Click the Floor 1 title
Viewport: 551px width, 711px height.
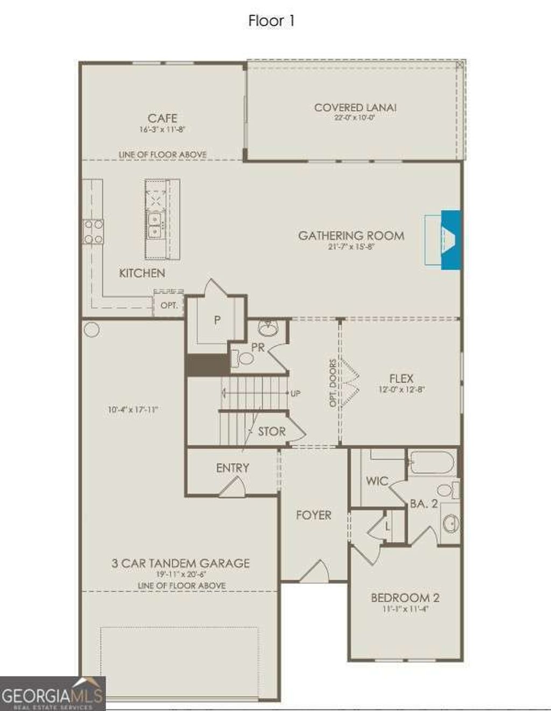[x=272, y=21]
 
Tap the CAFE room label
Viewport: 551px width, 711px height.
[x=162, y=118]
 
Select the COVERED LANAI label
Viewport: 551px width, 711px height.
[x=355, y=107]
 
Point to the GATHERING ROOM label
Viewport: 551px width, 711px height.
[x=351, y=235]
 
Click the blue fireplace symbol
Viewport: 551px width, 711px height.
[x=451, y=239]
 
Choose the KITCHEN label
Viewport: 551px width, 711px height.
[x=142, y=273]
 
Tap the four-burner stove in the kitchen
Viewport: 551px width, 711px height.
[x=93, y=232]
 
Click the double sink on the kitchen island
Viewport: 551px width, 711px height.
[x=155, y=225]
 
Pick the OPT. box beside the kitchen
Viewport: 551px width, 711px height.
[x=169, y=306]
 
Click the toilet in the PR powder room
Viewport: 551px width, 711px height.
[x=245, y=358]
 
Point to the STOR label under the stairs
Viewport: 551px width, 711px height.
[x=271, y=431]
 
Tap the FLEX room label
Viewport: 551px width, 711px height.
[x=401, y=378]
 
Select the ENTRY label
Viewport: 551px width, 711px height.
[x=232, y=468]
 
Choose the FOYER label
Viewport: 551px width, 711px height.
[x=314, y=515]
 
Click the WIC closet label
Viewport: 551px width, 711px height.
[x=377, y=481]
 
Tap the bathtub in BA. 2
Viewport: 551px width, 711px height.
[x=432, y=462]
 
